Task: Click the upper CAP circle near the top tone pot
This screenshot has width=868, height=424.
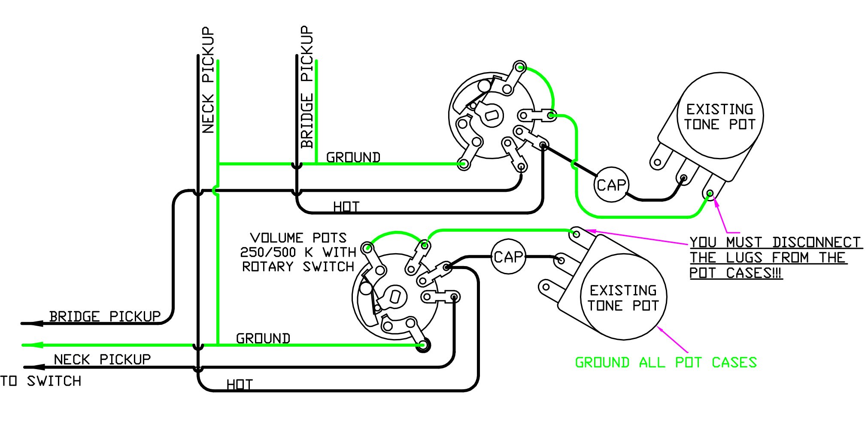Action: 611,185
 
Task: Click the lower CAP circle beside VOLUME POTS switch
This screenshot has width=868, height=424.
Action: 508,257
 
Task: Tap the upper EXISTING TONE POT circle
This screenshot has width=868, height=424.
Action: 719,116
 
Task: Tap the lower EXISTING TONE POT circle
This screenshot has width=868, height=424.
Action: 623,297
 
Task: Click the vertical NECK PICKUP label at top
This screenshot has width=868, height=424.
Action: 208,80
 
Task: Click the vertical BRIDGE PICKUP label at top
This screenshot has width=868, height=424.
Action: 307,87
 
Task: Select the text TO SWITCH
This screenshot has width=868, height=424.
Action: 41,381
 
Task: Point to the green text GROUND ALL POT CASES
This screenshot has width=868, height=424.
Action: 666,363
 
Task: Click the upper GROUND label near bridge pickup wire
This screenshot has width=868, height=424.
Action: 353,157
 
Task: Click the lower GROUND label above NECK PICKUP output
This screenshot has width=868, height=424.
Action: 263,339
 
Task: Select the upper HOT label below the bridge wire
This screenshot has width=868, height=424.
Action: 346,207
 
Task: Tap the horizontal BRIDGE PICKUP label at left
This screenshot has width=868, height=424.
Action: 105,317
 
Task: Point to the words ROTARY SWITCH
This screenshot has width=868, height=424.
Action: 298,267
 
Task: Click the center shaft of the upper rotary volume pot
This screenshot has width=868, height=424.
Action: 492,115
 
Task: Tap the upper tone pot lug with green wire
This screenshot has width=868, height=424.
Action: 709,193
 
